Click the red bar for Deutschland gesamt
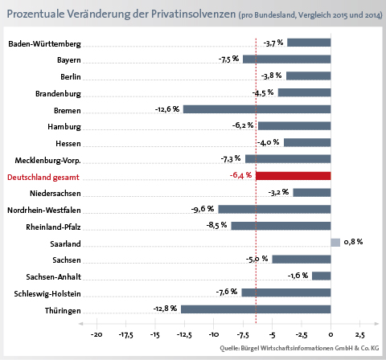[x=294, y=176]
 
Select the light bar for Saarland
[x=335, y=243]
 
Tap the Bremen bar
[x=257, y=109]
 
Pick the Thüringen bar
[x=256, y=309]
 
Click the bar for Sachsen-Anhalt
[x=322, y=276]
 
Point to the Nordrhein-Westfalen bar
[x=274, y=209]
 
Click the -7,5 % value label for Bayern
[x=228, y=59]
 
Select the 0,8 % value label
[x=353, y=242]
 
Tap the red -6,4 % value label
[x=240, y=175]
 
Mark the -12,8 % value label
[x=165, y=309]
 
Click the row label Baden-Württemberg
[x=44, y=44]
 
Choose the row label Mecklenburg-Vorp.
[x=47, y=161]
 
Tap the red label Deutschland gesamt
[x=43, y=178]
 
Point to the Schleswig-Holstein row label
[x=47, y=294]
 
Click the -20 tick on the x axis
[x=96, y=334]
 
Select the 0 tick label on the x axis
[x=331, y=334]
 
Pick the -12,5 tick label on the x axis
[x=184, y=335]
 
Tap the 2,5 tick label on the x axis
[x=360, y=335]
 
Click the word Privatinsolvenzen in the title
[x=193, y=14]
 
